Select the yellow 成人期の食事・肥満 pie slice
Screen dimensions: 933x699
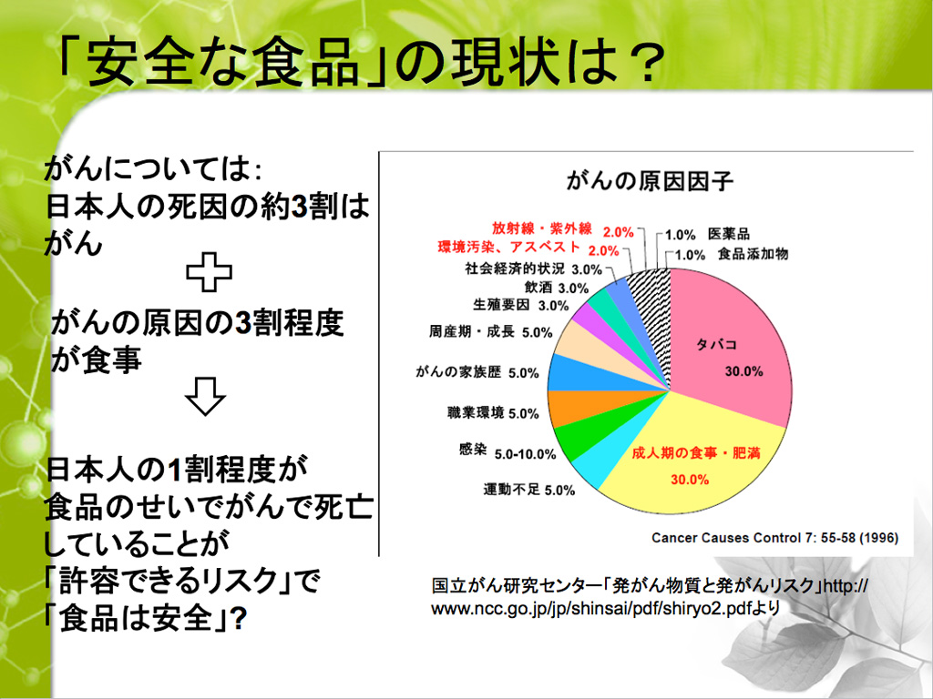(x=691, y=463)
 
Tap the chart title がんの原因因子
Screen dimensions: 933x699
(x=650, y=181)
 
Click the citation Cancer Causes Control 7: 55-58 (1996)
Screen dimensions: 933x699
(x=774, y=538)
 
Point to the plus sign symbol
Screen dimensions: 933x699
(x=209, y=271)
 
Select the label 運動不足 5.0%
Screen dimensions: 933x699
(x=529, y=490)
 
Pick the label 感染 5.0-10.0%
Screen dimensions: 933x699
(x=508, y=451)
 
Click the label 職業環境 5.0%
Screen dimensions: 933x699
(x=493, y=412)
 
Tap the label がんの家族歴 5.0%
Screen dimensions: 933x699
(x=477, y=372)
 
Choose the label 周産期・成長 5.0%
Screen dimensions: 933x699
(x=491, y=331)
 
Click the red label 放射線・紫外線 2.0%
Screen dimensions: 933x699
(x=562, y=230)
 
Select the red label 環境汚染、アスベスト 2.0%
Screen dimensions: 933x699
(x=528, y=248)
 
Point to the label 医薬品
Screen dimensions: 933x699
(x=729, y=234)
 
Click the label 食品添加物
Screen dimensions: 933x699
(x=753, y=254)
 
